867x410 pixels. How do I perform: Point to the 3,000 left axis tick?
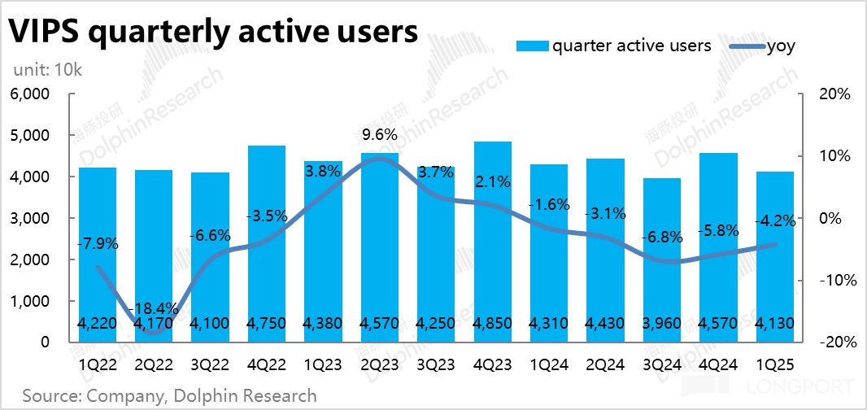tap(32, 219)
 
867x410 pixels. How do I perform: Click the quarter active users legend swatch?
tap(533, 46)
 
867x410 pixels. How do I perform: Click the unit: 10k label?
tap(47, 70)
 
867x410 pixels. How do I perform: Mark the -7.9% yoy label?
tap(98, 243)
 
